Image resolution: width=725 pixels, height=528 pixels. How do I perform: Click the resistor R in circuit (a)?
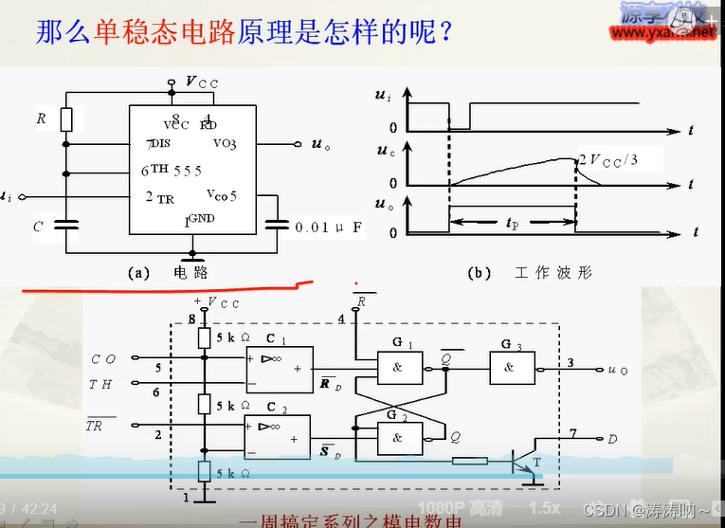pyautogui.click(x=66, y=119)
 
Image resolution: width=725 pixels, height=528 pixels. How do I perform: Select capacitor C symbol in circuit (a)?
pyautogui.click(x=65, y=226)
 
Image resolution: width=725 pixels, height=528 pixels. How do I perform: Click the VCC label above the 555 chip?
pyautogui.click(x=201, y=83)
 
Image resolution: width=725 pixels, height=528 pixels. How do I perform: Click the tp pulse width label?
pyautogui.click(x=513, y=225)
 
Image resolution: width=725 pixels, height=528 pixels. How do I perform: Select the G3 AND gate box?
pyautogui.click(x=511, y=369)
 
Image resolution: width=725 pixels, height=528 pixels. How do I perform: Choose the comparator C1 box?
pyautogui.click(x=278, y=368)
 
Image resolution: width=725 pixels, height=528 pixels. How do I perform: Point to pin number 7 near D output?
pyautogui.click(x=572, y=433)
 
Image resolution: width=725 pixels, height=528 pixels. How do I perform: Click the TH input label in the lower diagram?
pyautogui.click(x=100, y=384)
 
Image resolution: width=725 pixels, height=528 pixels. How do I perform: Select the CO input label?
pyautogui.click(x=103, y=359)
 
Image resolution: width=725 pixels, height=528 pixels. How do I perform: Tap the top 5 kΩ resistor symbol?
pyautogui.click(x=204, y=338)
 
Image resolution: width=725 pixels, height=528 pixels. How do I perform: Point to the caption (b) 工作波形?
pyautogui.click(x=531, y=272)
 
